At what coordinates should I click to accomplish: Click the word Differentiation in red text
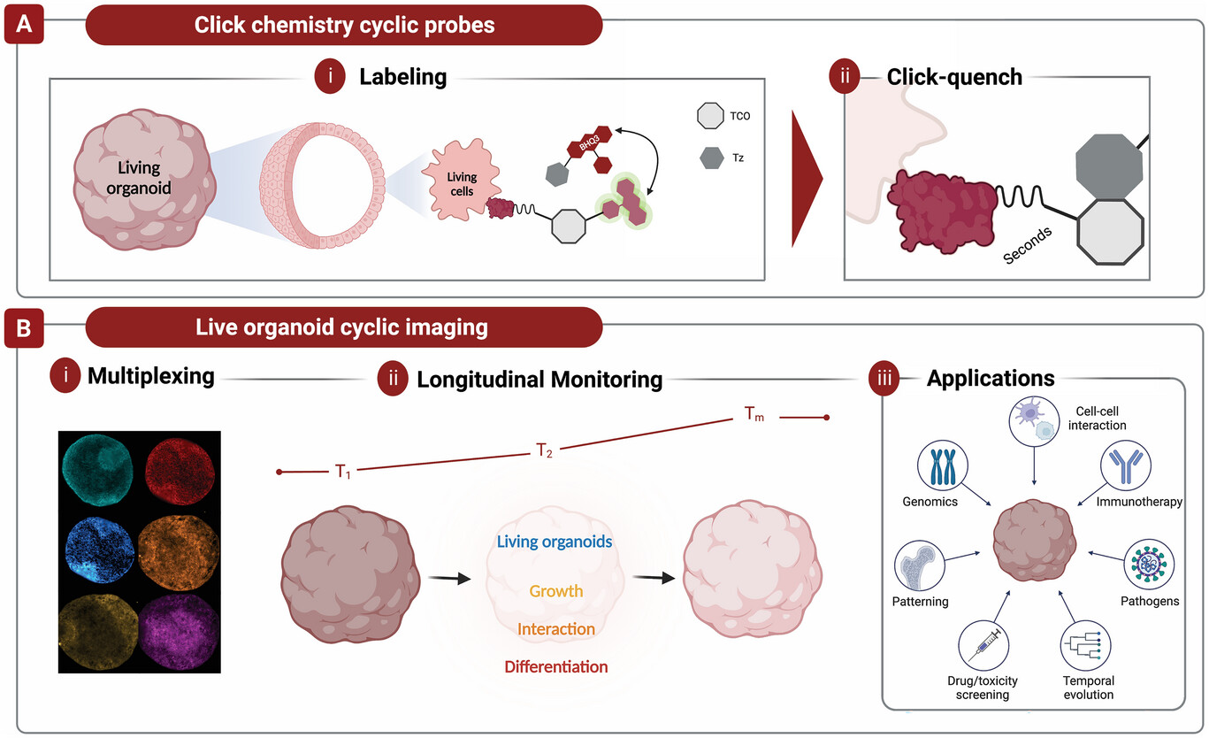(556, 666)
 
